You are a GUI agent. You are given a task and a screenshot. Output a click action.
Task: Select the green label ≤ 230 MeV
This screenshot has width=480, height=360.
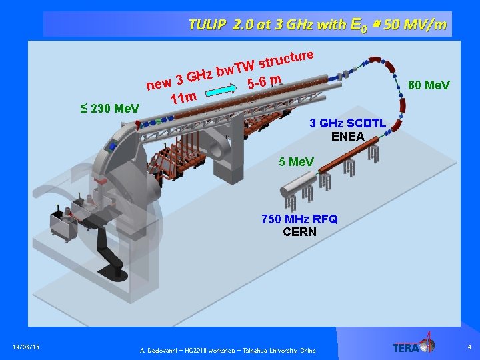[x=109, y=108]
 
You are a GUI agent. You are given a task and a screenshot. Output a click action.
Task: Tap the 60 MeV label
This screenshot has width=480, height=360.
[x=429, y=85]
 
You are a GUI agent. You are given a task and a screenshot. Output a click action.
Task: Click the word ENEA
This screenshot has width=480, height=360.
[x=348, y=137]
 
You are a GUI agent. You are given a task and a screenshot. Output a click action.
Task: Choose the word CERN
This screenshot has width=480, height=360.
[x=299, y=232]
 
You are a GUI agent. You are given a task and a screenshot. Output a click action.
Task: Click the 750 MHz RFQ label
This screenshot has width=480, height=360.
[x=299, y=219]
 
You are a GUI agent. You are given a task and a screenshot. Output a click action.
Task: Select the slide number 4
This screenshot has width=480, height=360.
[x=469, y=347]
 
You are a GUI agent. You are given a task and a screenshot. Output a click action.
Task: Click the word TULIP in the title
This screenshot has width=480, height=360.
[x=207, y=25]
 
